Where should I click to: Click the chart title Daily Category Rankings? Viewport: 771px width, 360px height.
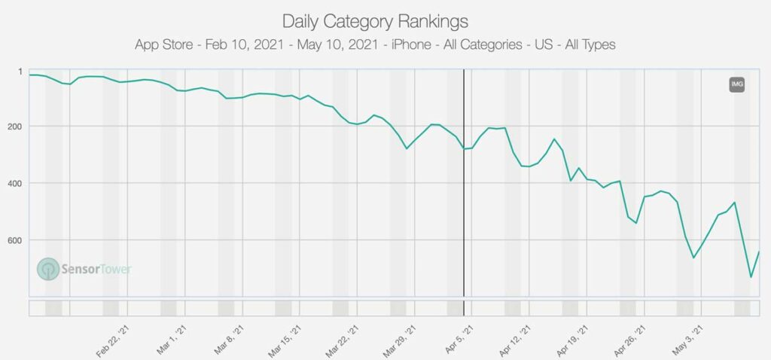coord(375,20)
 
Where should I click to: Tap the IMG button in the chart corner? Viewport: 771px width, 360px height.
coord(736,84)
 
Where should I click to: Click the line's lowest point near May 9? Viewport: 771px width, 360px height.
coord(751,277)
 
